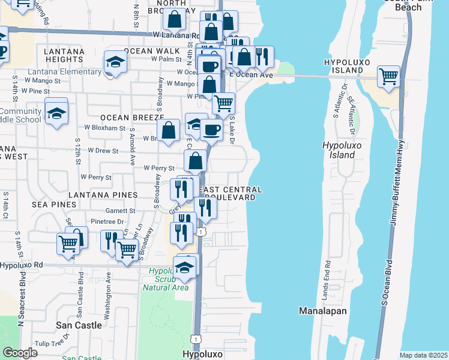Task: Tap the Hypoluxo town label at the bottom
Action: [x=202, y=354]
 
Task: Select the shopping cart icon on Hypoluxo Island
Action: [x=389, y=76]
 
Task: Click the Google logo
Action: [x=20, y=353]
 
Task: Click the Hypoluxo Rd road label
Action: [x=22, y=265]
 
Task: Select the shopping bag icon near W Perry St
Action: [x=196, y=161]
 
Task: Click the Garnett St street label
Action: [x=120, y=211]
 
